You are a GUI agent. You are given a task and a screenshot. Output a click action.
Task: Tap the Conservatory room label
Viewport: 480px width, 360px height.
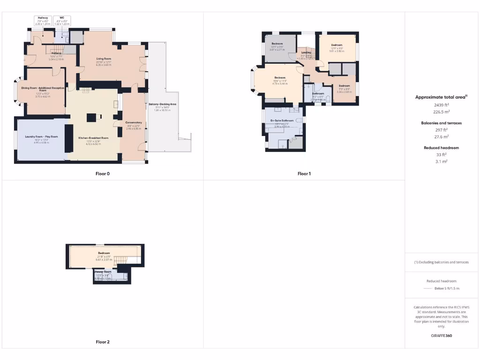[x=134, y=122]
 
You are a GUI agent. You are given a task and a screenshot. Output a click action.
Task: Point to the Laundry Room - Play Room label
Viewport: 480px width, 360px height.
[x=41, y=136]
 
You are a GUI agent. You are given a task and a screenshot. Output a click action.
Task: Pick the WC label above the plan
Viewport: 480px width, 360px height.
[x=62, y=18]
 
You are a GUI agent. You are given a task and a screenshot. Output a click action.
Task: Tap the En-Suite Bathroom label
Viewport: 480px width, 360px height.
[x=282, y=120]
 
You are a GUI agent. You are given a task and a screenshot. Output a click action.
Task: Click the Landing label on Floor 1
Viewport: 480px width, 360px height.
[x=306, y=53]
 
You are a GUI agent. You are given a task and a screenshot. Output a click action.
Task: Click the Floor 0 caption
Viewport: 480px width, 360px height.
[x=103, y=173]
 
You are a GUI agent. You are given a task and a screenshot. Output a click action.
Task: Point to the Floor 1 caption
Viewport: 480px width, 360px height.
[x=304, y=173]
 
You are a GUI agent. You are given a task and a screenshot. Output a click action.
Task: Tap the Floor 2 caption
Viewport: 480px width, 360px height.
[x=103, y=342]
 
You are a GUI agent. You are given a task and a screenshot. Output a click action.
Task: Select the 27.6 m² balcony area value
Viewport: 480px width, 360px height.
[x=441, y=136]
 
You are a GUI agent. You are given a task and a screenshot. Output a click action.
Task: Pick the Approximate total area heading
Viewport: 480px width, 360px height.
[x=440, y=97]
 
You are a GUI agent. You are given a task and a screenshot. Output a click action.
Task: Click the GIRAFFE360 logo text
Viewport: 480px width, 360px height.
[x=441, y=336]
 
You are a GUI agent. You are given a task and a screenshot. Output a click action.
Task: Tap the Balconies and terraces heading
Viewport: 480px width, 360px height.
[x=441, y=123]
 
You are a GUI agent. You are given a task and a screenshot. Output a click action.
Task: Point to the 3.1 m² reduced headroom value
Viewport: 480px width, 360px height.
[x=441, y=161]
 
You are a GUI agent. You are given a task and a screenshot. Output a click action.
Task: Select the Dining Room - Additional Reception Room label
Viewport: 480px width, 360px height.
[x=43, y=89]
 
